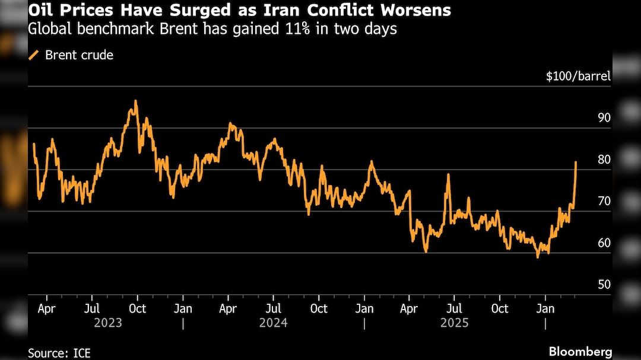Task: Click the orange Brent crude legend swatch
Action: click(x=34, y=55)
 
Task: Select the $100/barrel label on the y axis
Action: click(x=578, y=76)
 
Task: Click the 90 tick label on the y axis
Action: click(x=604, y=117)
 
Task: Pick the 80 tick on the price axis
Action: click(x=604, y=160)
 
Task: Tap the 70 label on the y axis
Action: click(x=604, y=201)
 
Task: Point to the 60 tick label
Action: click(x=604, y=243)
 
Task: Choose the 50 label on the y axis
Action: click(x=604, y=285)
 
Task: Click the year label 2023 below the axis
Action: click(x=108, y=323)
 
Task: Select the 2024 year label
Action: click(x=273, y=323)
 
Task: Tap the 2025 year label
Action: click(x=454, y=323)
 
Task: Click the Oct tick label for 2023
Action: click(x=137, y=309)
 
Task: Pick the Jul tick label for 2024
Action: click(x=273, y=309)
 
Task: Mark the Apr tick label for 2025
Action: click(x=409, y=309)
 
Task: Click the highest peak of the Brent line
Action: click(x=135, y=101)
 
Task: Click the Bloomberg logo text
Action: click(x=580, y=352)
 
